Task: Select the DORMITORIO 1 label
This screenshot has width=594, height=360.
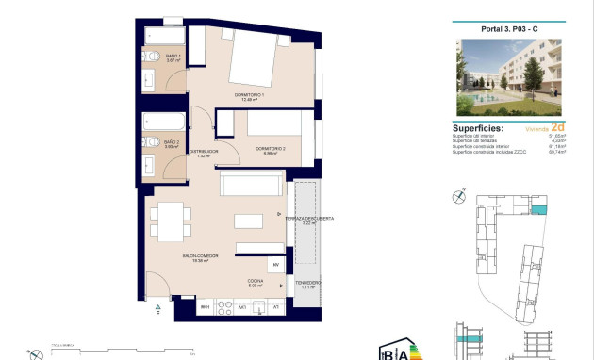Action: (x=251, y=96)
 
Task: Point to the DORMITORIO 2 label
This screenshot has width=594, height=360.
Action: (x=271, y=148)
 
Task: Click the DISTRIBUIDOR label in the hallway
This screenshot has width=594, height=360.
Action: (x=203, y=153)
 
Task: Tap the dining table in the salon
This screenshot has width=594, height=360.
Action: (x=171, y=224)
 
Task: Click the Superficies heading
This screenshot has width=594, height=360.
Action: (x=478, y=128)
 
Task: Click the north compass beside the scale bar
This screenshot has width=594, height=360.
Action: (x=37, y=354)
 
